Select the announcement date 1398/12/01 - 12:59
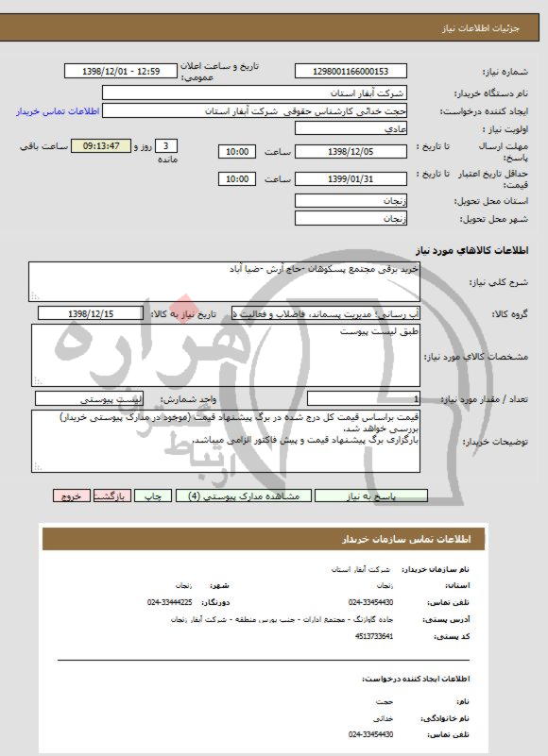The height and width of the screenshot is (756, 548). (x=124, y=72)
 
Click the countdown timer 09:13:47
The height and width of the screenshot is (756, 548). (x=100, y=147)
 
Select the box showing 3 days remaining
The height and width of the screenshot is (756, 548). (x=167, y=147)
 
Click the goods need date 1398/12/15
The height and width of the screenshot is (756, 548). (x=91, y=313)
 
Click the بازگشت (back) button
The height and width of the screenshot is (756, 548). (x=111, y=495)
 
